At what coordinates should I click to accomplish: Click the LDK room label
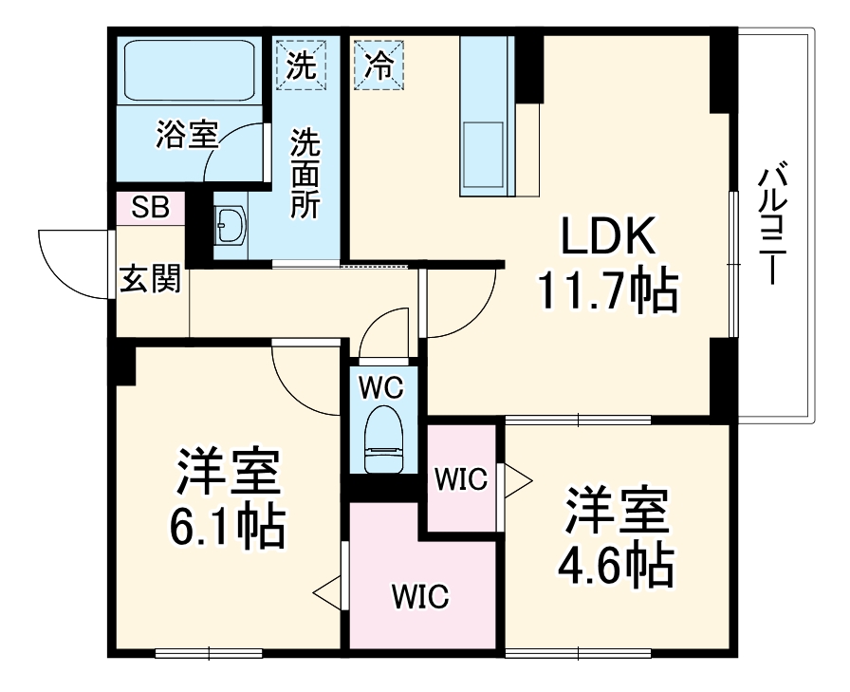click(607, 237)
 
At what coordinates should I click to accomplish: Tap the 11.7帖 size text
click(607, 290)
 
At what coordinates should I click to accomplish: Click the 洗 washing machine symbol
click(302, 64)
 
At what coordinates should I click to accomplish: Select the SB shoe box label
click(150, 208)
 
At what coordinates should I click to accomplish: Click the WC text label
click(382, 386)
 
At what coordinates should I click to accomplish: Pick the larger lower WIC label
click(420, 597)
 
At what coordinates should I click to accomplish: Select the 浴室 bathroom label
click(187, 137)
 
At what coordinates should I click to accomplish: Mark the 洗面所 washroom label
click(305, 174)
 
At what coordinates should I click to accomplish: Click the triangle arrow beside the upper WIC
click(517, 478)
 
